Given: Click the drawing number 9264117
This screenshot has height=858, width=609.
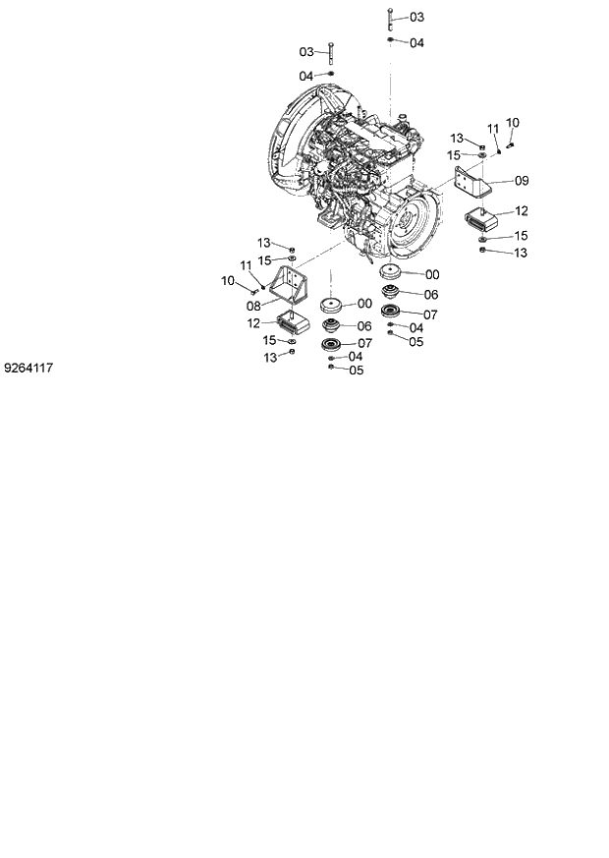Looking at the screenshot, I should (28, 368).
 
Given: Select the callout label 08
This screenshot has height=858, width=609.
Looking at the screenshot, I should (254, 306).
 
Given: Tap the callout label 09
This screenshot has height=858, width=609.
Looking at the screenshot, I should (522, 181).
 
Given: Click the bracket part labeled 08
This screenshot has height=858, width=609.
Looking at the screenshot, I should (291, 285).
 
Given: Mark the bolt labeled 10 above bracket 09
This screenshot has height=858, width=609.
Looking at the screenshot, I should (512, 143).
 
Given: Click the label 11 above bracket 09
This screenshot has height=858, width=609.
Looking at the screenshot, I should (494, 128).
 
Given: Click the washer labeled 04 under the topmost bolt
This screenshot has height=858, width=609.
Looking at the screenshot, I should (391, 42).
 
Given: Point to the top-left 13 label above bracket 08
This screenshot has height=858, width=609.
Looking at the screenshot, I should (263, 243).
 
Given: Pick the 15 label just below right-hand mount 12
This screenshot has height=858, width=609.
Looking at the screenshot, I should (521, 236).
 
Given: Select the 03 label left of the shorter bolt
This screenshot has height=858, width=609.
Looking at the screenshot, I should (305, 51).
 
